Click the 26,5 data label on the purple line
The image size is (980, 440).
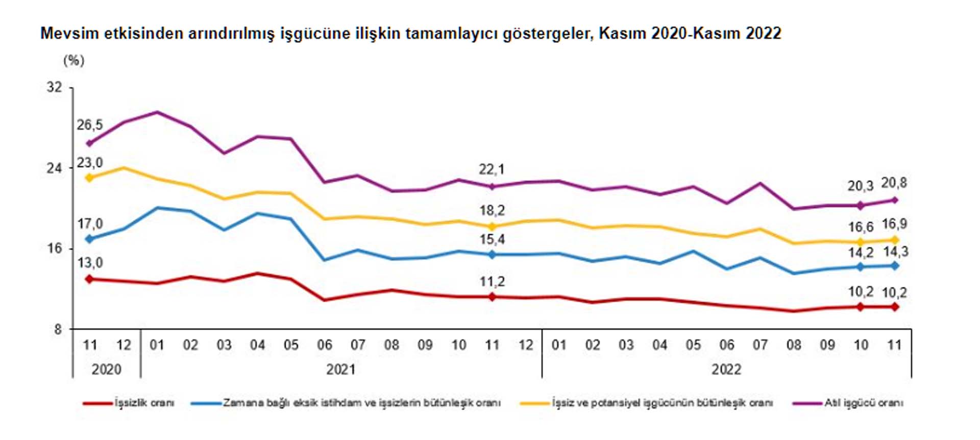[x=90, y=125]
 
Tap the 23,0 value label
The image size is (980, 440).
[x=90, y=163]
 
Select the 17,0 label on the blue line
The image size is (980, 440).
[x=90, y=224]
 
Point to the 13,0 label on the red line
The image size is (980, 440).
[x=90, y=263]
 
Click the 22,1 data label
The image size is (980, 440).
[x=492, y=169]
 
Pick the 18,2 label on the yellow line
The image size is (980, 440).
[x=492, y=210]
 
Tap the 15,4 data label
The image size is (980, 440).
[x=492, y=239]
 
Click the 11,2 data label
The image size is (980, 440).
[x=492, y=282]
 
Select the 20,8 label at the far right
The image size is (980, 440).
[x=894, y=183]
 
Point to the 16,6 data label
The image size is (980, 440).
[x=861, y=227]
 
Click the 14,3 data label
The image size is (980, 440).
[x=895, y=252]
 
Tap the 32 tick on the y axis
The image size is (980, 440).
[x=55, y=87]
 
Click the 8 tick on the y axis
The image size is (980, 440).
[x=58, y=329]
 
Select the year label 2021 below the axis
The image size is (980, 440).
[x=340, y=369]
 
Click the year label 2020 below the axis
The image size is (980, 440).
[x=106, y=369]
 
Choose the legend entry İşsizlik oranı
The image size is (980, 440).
[x=144, y=403]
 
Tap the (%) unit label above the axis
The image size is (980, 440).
[x=73, y=61]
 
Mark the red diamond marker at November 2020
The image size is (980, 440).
[x=90, y=279]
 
